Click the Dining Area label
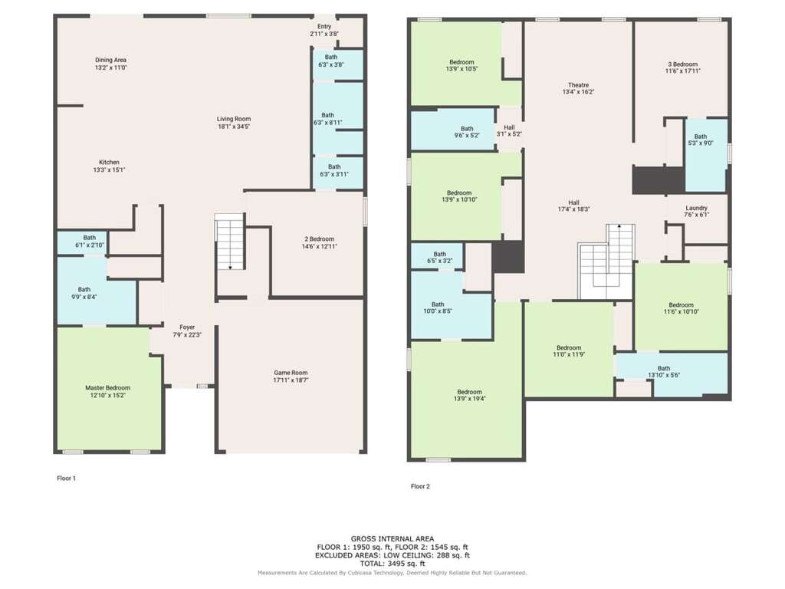point(110,60)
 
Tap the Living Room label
point(234,119)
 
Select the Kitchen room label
point(109,163)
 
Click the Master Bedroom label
point(107,387)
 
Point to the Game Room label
point(291,373)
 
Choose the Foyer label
point(187,327)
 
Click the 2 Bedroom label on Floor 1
point(320,239)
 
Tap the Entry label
point(324,27)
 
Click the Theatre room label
point(579,85)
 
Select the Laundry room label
point(696,208)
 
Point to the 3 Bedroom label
point(683,64)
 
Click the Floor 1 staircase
point(230,242)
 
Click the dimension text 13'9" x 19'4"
point(470,399)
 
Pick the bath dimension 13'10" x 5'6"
point(664,375)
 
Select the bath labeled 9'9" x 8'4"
point(84,297)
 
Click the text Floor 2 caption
point(421,486)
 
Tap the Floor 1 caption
point(67,479)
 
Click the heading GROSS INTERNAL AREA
point(392,539)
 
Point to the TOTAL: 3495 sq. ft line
point(392,564)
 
